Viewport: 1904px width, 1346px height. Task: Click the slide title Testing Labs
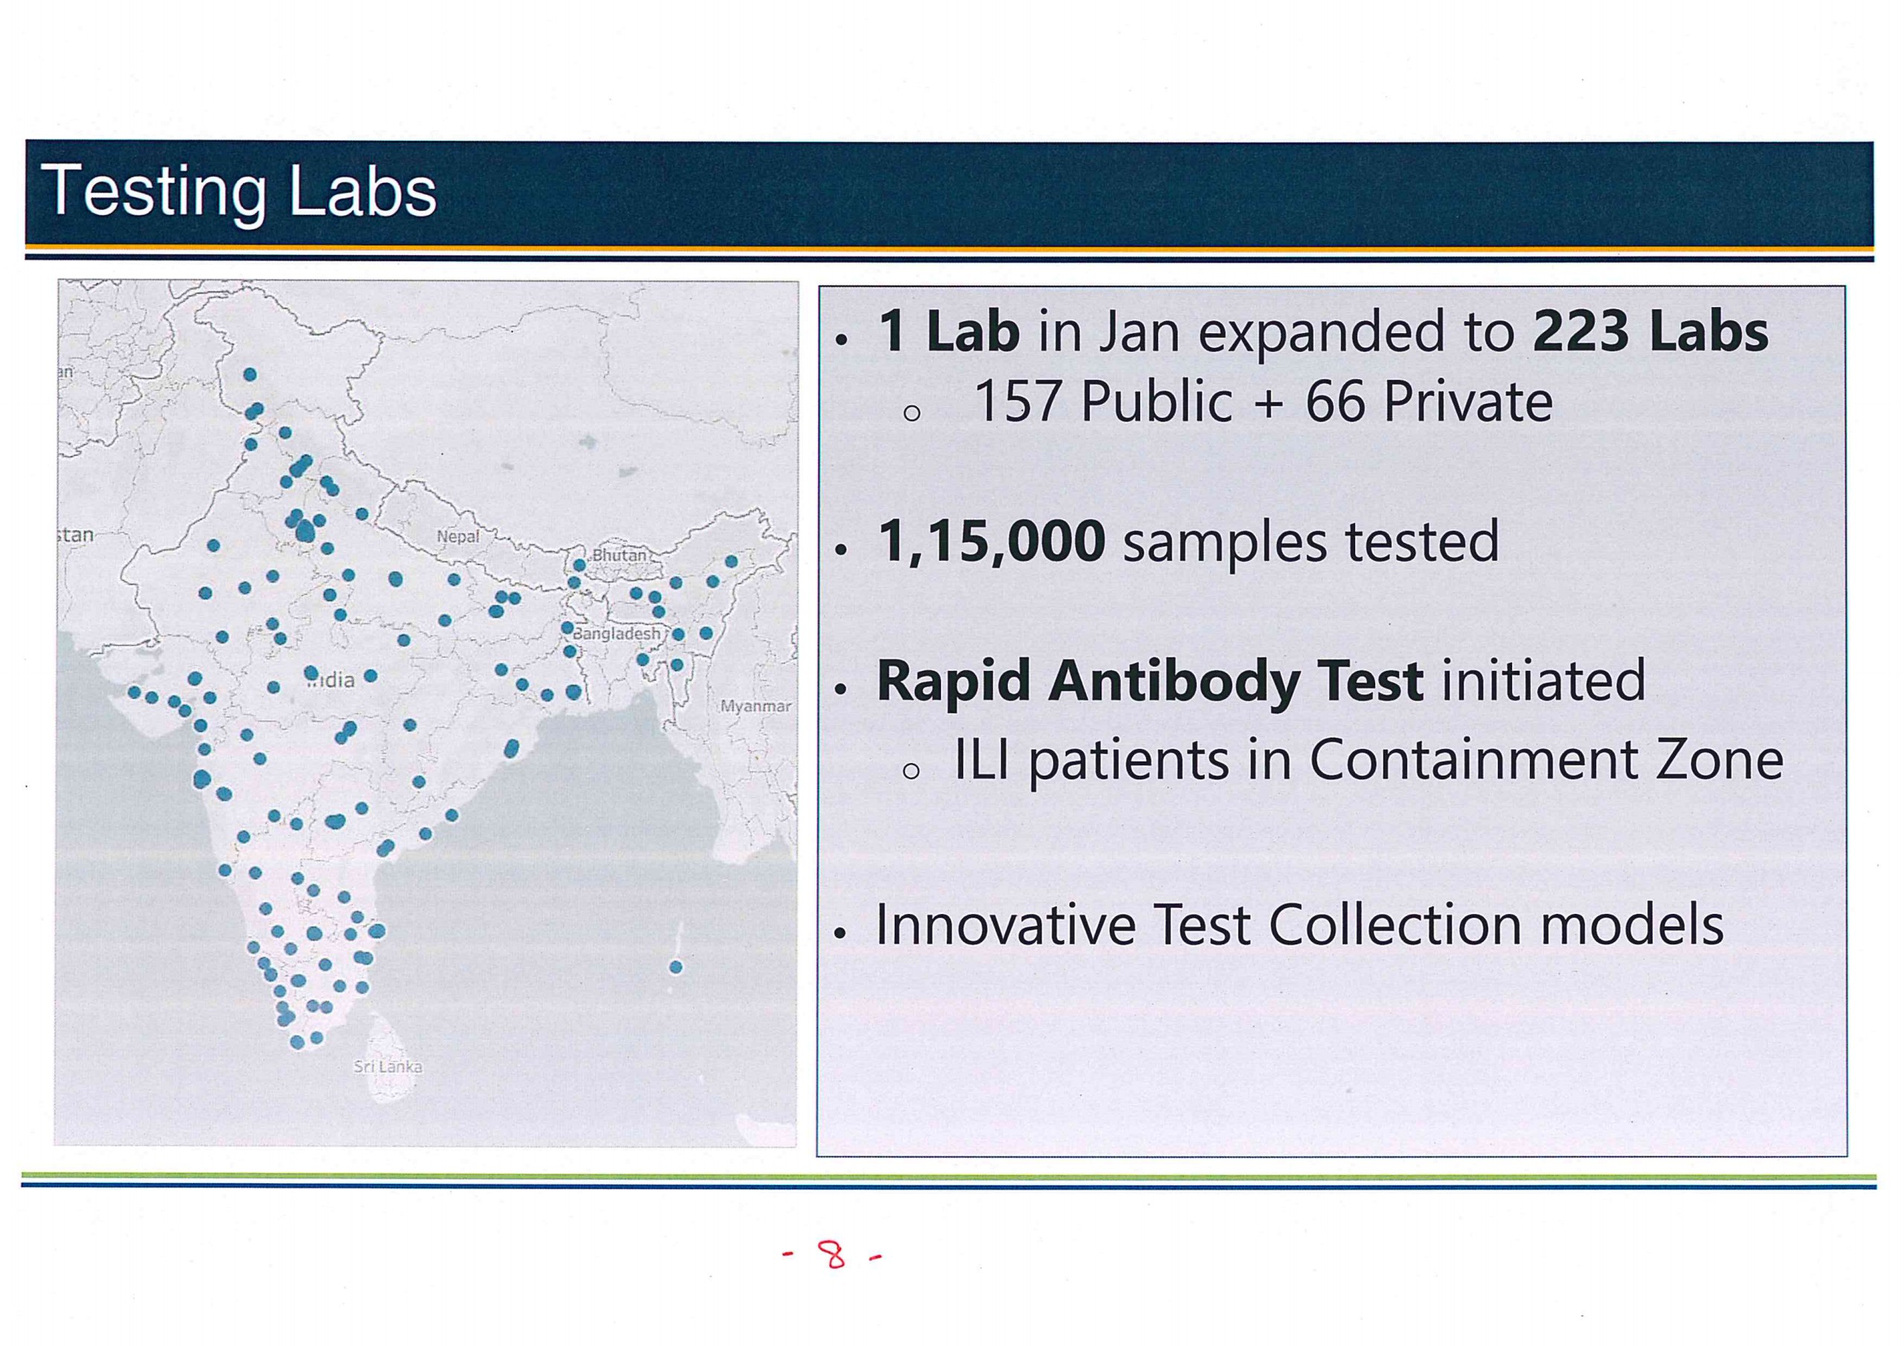(x=238, y=193)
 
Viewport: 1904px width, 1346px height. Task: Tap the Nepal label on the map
(x=457, y=537)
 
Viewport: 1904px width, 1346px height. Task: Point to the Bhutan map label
(x=619, y=555)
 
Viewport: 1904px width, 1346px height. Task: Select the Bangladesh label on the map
(x=617, y=634)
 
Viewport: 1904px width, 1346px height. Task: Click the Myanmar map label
(x=756, y=706)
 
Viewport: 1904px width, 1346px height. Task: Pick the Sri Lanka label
(x=388, y=1066)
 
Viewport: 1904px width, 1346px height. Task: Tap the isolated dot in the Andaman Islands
(x=676, y=967)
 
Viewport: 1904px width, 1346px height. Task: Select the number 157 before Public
(x=1017, y=402)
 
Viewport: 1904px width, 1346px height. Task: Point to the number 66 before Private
(x=1335, y=402)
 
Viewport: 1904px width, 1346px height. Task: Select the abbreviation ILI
(x=982, y=760)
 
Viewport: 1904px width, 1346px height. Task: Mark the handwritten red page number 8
(x=832, y=1255)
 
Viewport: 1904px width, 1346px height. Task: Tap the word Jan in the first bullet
(x=1139, y=332)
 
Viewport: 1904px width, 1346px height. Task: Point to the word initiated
(x=1543, y=681)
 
